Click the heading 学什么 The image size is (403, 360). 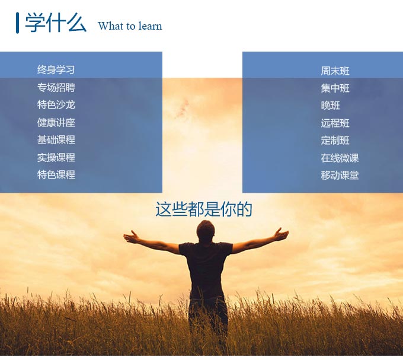[56, 23]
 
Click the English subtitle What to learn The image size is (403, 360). [130, 26]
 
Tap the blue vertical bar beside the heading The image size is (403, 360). [17, 23]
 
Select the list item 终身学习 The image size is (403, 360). [56, 69]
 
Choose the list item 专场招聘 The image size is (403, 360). [56, 87]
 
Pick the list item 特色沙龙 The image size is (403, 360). [56, 105]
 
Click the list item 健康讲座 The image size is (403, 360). [56, 122]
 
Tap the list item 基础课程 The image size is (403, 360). [56, 140]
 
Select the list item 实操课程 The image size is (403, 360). [56, 157]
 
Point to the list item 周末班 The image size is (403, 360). [335, 71]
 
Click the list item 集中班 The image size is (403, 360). [335, 88]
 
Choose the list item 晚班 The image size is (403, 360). [330, 106]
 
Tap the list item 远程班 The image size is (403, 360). [335, 123]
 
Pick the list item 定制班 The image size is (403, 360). [335, 141]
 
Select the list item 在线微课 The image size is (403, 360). [340, 158]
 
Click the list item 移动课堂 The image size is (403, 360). [340, 176]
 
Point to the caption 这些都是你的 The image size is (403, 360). [203, 209]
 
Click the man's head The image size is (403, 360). [206, 231]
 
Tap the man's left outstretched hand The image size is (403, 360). [132, 237]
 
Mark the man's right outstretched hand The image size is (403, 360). [281, 234]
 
